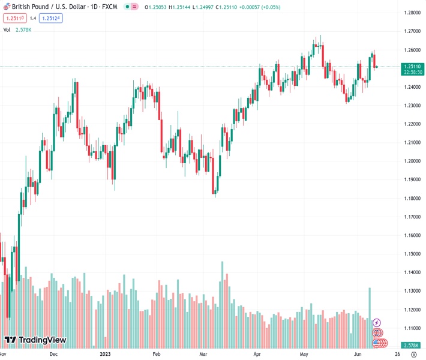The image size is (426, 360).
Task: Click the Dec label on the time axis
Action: [x=53, y=354]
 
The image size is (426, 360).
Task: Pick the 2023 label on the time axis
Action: [x=106, y=354]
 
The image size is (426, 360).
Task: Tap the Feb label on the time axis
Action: [x=157, y=354]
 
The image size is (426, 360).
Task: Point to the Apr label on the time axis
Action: [x=257, y=354]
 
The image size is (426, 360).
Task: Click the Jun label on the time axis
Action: [x=357, y=354]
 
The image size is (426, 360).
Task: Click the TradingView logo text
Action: [x=42, y=340]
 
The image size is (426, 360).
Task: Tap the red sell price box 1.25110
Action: [x=13, y=18]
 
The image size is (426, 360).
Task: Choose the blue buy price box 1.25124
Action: [x=51, y=18]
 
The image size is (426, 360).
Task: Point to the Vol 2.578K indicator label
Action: [x=17, y=29]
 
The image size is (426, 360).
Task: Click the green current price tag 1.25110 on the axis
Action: [x=413, y=68]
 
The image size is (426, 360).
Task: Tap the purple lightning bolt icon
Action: [x=377, y=323]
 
